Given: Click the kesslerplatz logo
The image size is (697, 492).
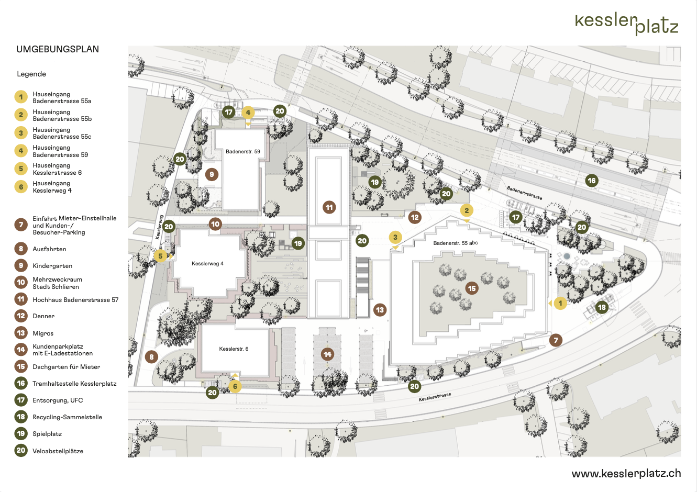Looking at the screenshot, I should [626, 24].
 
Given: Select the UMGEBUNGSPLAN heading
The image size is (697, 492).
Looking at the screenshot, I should [58, 50].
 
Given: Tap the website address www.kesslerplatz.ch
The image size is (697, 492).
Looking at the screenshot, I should [626, 473].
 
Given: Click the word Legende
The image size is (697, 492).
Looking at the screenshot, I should [31, 74].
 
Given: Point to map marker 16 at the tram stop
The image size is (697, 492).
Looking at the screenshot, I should [592, 181].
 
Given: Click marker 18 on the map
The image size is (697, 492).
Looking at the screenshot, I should [602, 307].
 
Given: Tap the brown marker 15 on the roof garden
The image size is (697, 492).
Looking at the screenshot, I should [472, 288].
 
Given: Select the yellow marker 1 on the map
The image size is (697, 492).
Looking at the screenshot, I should [560, 303].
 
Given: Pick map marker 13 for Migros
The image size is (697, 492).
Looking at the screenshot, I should [380, 310].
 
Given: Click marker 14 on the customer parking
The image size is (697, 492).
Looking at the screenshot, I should [327, 354].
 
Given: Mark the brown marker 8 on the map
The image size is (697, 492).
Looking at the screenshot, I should [151, 357].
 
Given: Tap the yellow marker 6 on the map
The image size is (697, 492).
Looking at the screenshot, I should [235, 387].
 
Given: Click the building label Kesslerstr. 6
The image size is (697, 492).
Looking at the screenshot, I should [234, 349].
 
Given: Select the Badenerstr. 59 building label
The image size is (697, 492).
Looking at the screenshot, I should [243, 152].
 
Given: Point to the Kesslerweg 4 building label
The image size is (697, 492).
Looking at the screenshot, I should [207, 264].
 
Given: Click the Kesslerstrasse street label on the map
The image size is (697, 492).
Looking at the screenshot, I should [435, 397].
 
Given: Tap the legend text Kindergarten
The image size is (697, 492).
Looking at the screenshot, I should [52, 266].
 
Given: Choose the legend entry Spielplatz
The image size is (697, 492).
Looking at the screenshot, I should [47, 434].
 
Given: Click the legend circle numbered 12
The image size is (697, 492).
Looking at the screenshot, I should [21, 316].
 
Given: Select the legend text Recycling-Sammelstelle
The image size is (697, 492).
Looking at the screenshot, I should [67, 417].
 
